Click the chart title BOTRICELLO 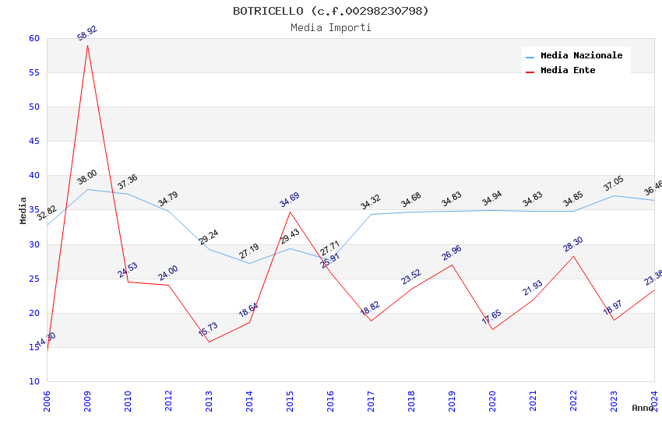click(x=330, y=11)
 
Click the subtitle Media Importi click(x=330, y=27)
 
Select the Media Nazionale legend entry click(x=581, y=55)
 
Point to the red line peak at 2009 click(x=87, y=45)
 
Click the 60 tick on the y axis click(x=33, y=38)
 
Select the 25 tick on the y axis click(x=33, y=279)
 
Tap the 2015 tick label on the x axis click(x=291, y=401)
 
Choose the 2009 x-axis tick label click(x=88, y=401)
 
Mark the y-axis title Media click(x=23, y=210)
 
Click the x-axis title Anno click(x=643, y=408)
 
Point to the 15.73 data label click(x=209, y=329)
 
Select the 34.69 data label click(x=290, y=200)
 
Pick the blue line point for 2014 click(x=250, y=263)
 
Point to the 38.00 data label click(x=87, y=177)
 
